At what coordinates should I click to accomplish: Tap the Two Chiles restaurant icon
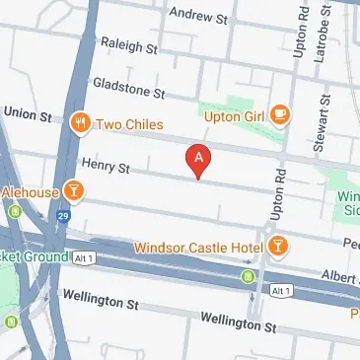(80, 125)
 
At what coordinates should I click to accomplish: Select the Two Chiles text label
(128, 125)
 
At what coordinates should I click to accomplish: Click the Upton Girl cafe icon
(280, 115)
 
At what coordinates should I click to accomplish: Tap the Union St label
(28, 114)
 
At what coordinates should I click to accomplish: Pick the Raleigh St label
(128, 45)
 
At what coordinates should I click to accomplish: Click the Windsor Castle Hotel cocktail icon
(279, 244)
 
